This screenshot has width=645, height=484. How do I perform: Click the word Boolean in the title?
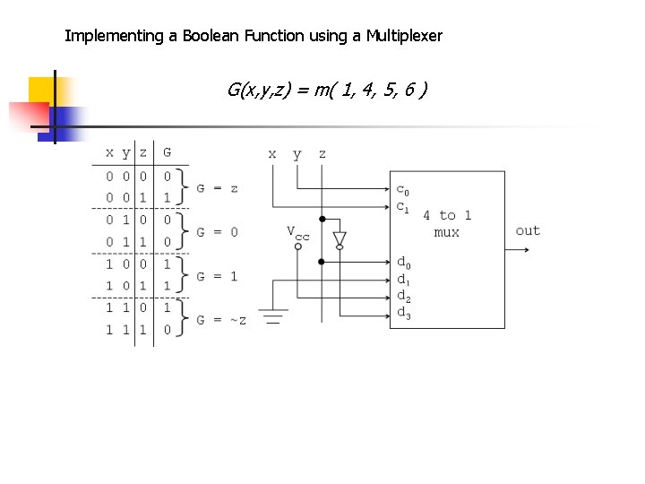click(211, 37)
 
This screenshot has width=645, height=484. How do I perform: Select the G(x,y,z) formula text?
click(326, 91)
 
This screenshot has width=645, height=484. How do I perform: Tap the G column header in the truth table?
click(167, 152)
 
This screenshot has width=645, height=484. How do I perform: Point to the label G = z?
click(217, 188)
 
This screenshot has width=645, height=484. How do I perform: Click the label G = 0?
click(217, 232)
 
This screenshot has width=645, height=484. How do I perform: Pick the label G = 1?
click(217, 276)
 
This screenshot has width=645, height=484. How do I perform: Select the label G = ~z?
click(220, 320)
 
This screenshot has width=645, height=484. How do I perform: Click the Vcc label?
click(297, 232)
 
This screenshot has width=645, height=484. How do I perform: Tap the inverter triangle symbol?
click(340, 238)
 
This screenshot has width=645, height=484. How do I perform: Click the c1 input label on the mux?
click(403, 206)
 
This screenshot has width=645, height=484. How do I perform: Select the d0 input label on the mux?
click(403, 263)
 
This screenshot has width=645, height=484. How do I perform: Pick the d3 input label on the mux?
click(403, 313)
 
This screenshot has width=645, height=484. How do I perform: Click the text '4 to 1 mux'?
click(447, 223)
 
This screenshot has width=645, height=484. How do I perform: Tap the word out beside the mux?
click(528, 230)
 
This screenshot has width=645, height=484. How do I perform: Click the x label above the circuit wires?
click(272, 153)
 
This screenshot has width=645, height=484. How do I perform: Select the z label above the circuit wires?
click(322, 153)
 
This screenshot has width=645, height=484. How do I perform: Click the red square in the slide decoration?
click(27, 115)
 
